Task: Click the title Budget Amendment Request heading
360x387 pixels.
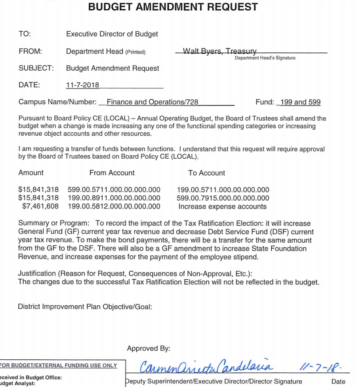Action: coord(173,7)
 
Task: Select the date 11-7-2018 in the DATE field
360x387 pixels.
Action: coord(83,85)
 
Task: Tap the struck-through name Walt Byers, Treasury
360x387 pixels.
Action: coord(220,51)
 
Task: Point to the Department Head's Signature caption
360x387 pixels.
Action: coord(265,58)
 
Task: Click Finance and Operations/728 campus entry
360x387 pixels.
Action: coord(152,102)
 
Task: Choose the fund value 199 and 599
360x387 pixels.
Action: coord(300,102)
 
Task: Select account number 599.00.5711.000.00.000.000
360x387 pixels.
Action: coord(114,190)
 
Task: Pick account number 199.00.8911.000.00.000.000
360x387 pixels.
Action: coord(114,198)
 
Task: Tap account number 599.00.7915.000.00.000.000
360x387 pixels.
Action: coord(223,198)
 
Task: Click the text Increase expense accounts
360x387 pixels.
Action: coord(223,206)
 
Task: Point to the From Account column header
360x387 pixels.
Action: coord(112,173)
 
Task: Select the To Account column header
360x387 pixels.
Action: coord(207,173)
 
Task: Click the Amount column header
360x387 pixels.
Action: coord(31,173)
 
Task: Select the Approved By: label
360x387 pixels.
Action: coord(149,349)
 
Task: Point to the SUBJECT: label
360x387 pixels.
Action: coord(36,68)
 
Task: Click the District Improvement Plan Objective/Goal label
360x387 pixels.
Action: coord(85,307)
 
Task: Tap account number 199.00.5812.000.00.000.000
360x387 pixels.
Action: coord(114,206)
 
